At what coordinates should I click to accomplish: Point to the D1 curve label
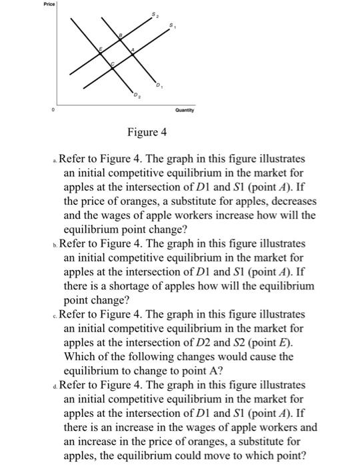click(x=159, y=85)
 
